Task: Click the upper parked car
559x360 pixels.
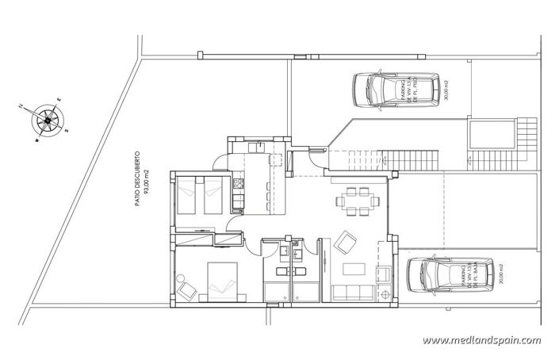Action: (x=396, y=88)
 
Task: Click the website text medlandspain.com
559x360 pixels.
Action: (x=481, y=341)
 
